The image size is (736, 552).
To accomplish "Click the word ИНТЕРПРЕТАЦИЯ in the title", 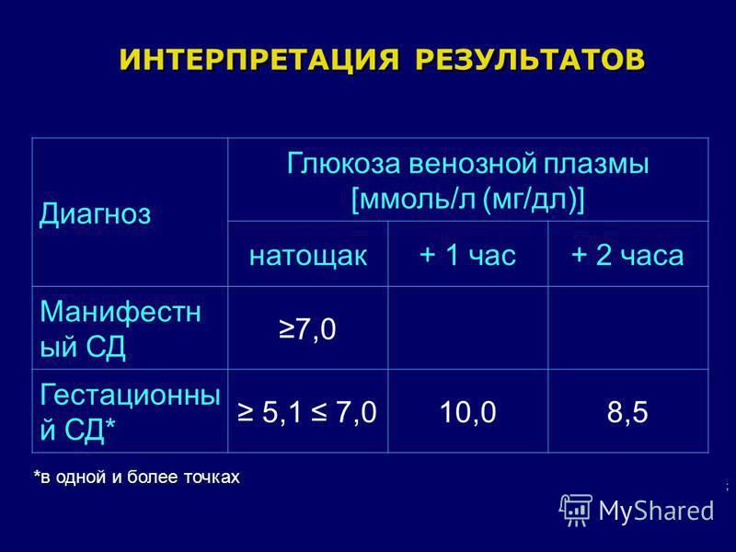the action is click(x=259, y=60).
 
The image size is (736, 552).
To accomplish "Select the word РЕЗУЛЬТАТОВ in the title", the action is click(x=530, y=60).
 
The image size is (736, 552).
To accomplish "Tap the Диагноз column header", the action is click(x=95, y=214).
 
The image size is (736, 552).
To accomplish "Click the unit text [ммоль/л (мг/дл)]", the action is click(x=468, y=200).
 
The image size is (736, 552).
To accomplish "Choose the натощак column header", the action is click(x=308, y=256).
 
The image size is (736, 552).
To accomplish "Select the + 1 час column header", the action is click(x=468, y=256).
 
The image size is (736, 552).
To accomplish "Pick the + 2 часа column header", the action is click(x=627, y=256).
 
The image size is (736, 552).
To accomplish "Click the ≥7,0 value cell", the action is click(x=307, y=328).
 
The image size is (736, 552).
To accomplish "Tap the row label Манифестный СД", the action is click(x=121, y=328).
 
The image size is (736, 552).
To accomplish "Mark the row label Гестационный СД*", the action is click(x=130, y=411).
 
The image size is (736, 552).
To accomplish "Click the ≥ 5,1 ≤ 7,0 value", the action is click(x=307, y=412).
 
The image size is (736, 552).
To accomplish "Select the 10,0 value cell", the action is click(x=468, y=412).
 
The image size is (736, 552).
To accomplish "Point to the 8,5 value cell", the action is click(x=627, y=412).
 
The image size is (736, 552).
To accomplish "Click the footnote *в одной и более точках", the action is click(x=136, y=477).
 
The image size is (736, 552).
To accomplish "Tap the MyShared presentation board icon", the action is click(x=576, y=510).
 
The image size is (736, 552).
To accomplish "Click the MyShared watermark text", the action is click(x=656, y=511).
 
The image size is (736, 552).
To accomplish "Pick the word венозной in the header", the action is click(x=472, y=164).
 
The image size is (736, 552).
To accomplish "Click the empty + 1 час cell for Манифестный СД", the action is click(x=468, y=328).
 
